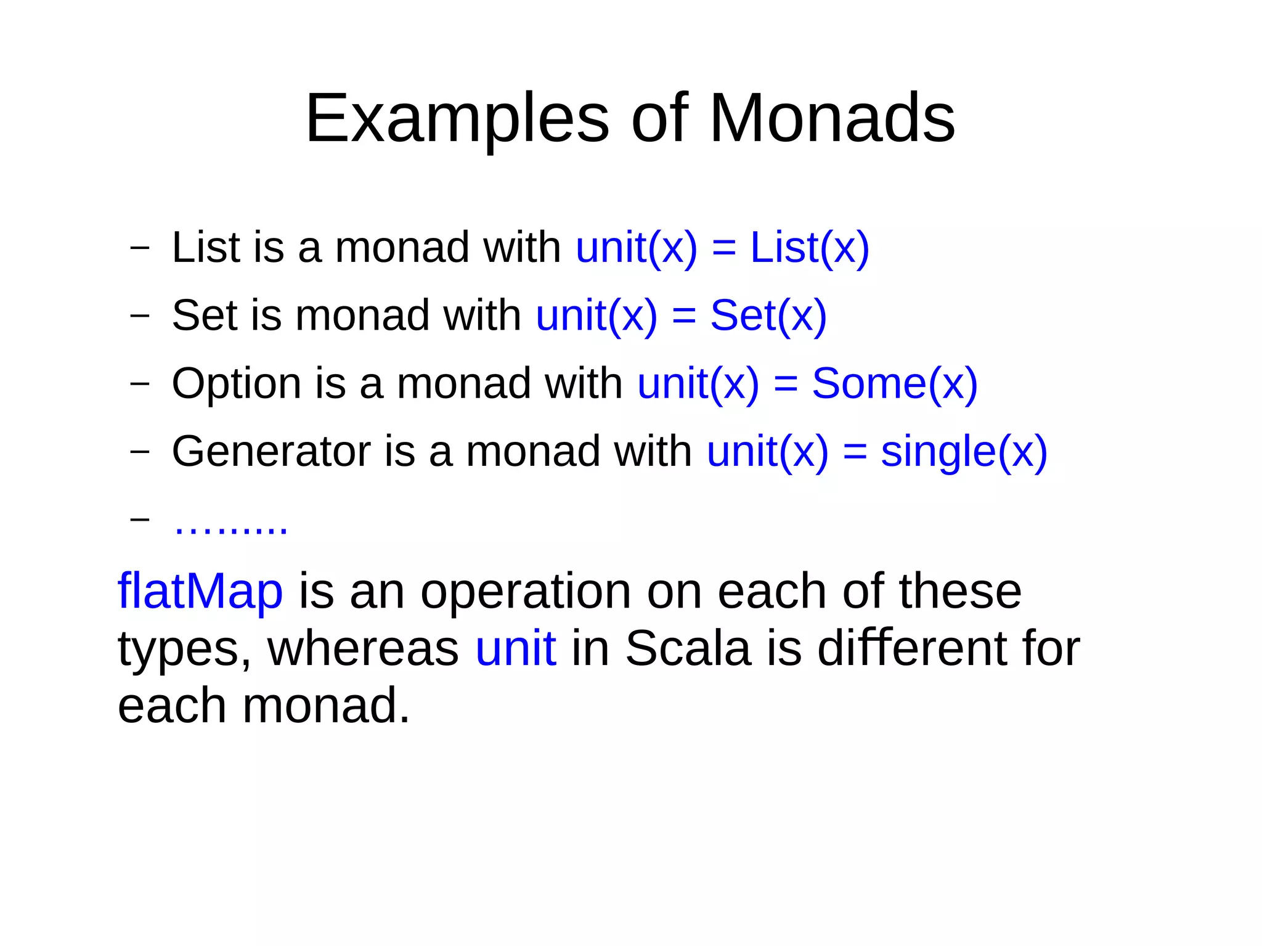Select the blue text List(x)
click(x=809, y=248)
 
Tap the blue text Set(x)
click(x=768, y=316)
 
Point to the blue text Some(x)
click(x=894, y=383)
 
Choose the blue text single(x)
click(x=964, y=452)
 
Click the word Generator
click(x=271, y=451)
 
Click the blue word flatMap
click(x=200, y=591)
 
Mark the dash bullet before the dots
click(x=140, y=519)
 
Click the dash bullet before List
click(x=140, y=248)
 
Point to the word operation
click(x=526, y=592)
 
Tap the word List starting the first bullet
click(x=205, y=248)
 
